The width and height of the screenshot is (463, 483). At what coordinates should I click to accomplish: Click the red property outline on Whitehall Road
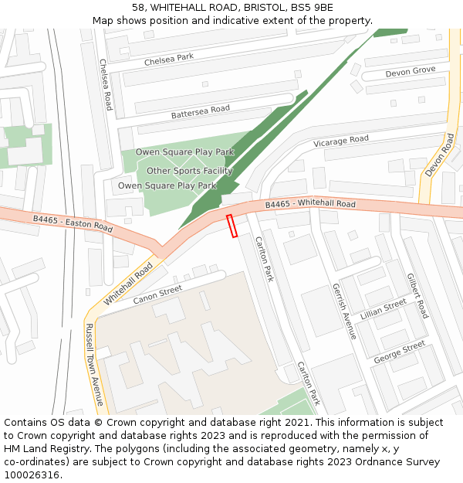(231, 226)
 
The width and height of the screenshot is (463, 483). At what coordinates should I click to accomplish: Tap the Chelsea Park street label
(169, 60)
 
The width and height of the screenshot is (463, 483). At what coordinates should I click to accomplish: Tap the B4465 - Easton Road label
(73, 223)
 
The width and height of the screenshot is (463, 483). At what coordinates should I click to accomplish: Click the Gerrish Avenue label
(344, 310)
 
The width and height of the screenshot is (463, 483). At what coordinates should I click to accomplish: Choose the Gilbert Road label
(417, 295)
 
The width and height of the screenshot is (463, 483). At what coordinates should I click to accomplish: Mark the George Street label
(399, 353)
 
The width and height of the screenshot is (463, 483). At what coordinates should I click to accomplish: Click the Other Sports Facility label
(190, 171)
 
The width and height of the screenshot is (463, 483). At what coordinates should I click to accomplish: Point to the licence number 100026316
(32, 475)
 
